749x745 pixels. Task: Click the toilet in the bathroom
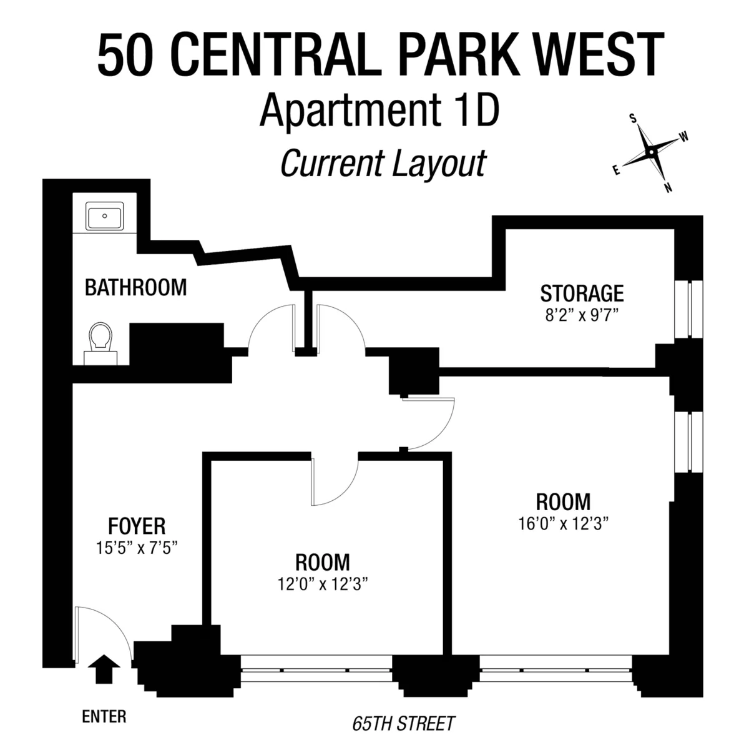[x=101, y=342]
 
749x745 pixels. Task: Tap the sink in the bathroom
[x=104, y=217]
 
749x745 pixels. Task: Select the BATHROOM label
[x=135, y=288]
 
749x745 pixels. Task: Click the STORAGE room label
[x=582, y=293]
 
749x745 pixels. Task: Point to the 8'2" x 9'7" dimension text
[x=582, y=315]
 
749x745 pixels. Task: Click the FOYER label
[x=137, y=526]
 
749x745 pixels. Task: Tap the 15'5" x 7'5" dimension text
[x=137, y=548]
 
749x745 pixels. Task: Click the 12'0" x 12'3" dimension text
[x=322, y=584]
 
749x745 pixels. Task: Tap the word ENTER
[x=104, y=716]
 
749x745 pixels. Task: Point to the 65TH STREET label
[x=403, y=724]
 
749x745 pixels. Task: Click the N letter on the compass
[x=668, y=188]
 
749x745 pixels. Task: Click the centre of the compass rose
[x=650, y=152]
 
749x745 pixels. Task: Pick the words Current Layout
[x=383, y=164]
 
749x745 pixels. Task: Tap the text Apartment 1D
[x=379, y=110]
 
